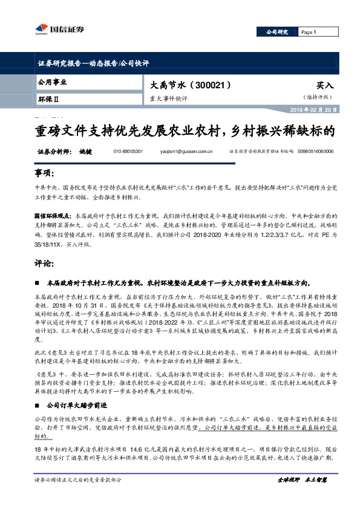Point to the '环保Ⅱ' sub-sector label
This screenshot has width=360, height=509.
coord(48,97)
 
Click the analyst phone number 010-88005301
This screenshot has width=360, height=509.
coord(128,152)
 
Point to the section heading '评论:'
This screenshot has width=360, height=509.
coord(46,264)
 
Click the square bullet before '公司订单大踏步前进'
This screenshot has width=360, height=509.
coord(39,387)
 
